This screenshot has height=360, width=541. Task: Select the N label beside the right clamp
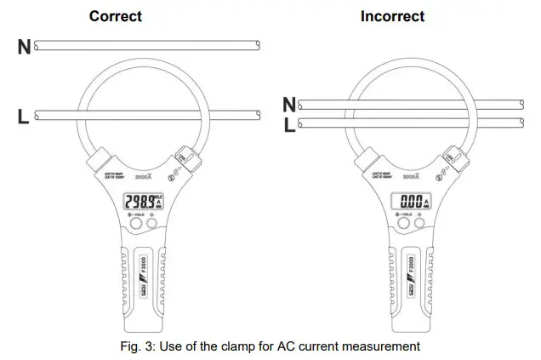point(289,105)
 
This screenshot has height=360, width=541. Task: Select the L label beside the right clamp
point(289,125)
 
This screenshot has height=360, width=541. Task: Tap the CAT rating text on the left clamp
point(112,174)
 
